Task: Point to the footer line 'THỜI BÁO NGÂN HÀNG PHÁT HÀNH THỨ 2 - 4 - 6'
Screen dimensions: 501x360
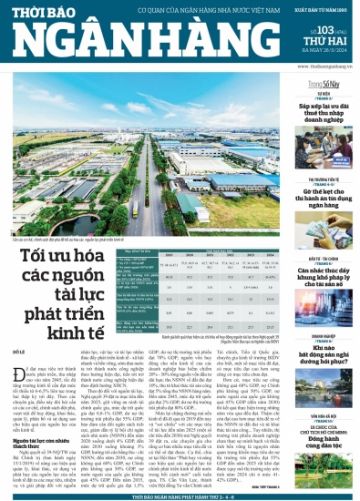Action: tap(180, 495)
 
